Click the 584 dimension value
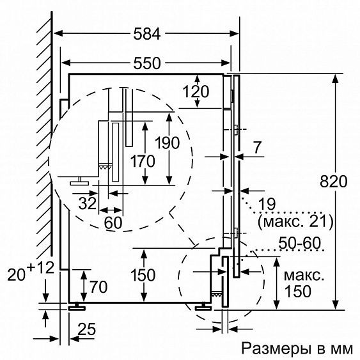pos(146,34)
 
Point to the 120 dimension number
pos(195,91)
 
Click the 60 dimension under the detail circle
pos(113,224)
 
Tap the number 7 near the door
pos(257,147)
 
